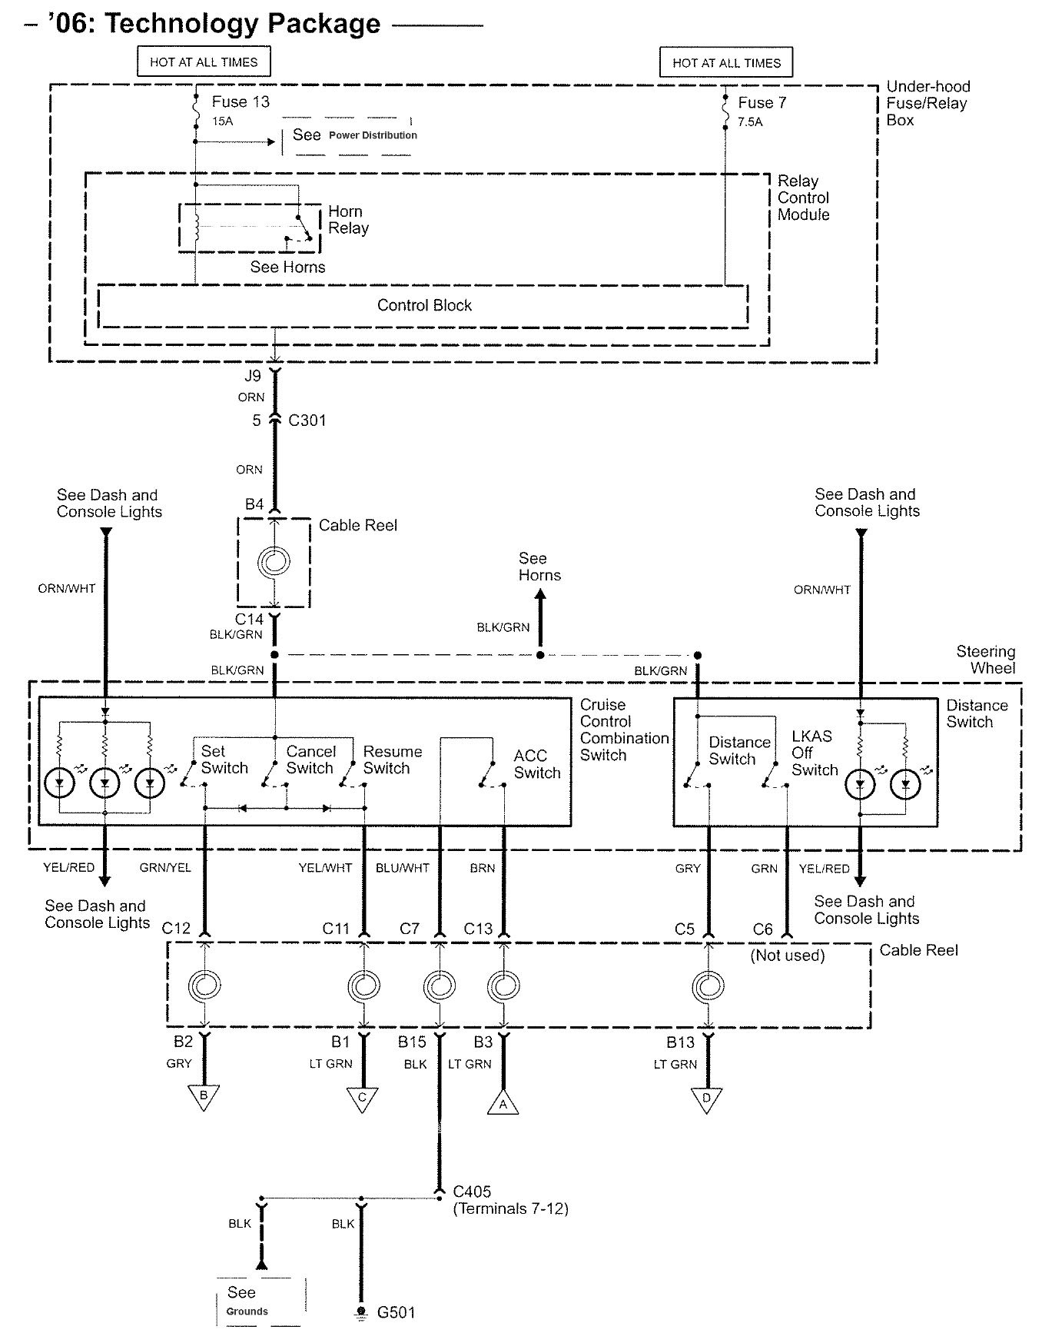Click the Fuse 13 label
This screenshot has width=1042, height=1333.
pyautogui.click(x=241, y=101)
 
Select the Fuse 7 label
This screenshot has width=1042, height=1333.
pyautogui.click(x=762, y=102)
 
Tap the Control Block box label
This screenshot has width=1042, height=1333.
pyautogui.click(x=424, y=305)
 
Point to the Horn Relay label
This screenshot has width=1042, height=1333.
pyautogui.click(x=348, y=220)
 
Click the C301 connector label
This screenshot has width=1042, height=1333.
pyautogui.click(x=307, y=421)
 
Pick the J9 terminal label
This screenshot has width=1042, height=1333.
pyautogui.click(x=253, y=376)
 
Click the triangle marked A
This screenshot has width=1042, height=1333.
pyautogui.click(x=503, y=1104)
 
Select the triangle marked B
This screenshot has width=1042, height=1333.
pyautogui.click(x=204, y=1096)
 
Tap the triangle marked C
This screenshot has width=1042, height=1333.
pyautogui.click(x=363, y=1098)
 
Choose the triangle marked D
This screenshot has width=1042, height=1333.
pyautogui.click(x=706, y=1098)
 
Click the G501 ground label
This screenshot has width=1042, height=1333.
pyautogui.click(x=396, y=1311)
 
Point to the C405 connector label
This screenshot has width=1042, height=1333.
pyautogui.click(x=472, y=1192)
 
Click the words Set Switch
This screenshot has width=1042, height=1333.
pyautogui.click(x=224, y=760)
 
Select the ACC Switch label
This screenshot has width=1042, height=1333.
pyautogui.click(x=536, y=764)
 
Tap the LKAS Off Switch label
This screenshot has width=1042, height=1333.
pyautogui.click(x=814, y=753)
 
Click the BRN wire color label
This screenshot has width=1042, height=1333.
pyautogui.click(x=483, y=868)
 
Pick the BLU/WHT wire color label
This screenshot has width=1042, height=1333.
pyautogui.click(x=403, y=868)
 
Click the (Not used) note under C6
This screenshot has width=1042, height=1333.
pyautogui.click(x=788, y=956)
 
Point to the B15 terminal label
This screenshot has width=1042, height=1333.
pyautogui.click(x=412, y=1042)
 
